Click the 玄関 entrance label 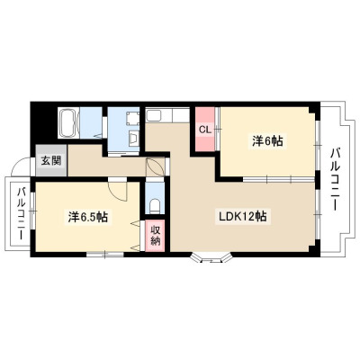tap(51, 161)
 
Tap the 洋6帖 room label tap(267, 140)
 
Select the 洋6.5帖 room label tap(87, 217)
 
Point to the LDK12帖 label tap(243, 216)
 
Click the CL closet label tap(206, 130)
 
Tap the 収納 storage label tap(155, 236)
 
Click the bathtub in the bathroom tap(67, 123)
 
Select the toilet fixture tap(155, 206)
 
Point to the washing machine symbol tap(132, 118)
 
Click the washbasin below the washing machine tap(133, 139)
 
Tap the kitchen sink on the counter tap(153, 115)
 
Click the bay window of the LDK tap(211, 258)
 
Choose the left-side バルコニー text tap(21, 213)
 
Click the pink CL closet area tap(205, 130)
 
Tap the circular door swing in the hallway tap(155, 167)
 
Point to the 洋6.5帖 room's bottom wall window tap(105, 255)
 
